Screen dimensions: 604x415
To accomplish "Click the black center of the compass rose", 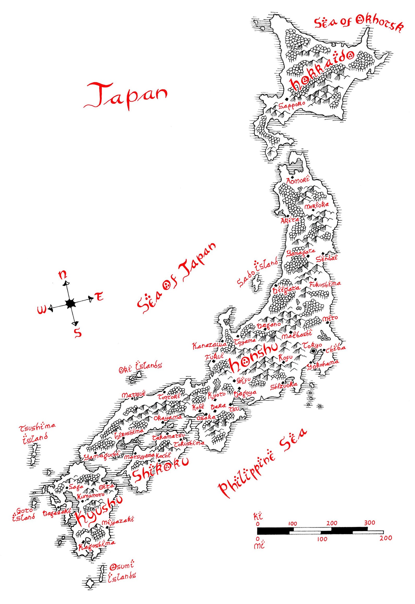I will [70, 303].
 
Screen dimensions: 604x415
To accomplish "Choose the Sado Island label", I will [257, 273].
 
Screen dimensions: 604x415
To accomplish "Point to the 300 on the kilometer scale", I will [369, 523].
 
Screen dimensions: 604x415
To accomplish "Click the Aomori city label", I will [297, 180].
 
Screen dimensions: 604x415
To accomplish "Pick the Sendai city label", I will [326, 258].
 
